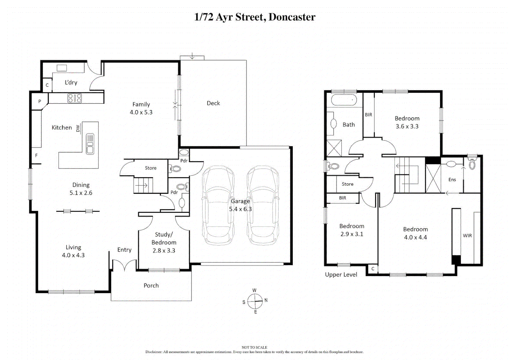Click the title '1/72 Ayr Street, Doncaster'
click(x=255, y=17)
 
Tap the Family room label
click(x=141, y=105)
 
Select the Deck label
click(x=213, y=103)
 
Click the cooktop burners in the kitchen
click(x=75, y=98)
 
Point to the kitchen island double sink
click(x=90, y=144)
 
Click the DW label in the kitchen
click(x=78, y=128)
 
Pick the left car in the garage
click(x=218, y=205)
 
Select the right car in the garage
click(x=263, y=205)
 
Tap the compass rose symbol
click(x=255, y=301)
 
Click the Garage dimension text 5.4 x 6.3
click(x=240, y=209)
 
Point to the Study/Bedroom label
click(x=164, y=238)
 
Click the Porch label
click(x=151, y=286)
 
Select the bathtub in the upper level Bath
click(x=344, y=100)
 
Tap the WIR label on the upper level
click(x=467, y=236)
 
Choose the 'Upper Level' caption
click(x=341, y=275)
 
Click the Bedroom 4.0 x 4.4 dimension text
click(x=415, y=237)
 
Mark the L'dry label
click(x=71, y=82)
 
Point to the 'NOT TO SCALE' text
click(x=254, y=347)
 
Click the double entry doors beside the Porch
click(x=124, y=266)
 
